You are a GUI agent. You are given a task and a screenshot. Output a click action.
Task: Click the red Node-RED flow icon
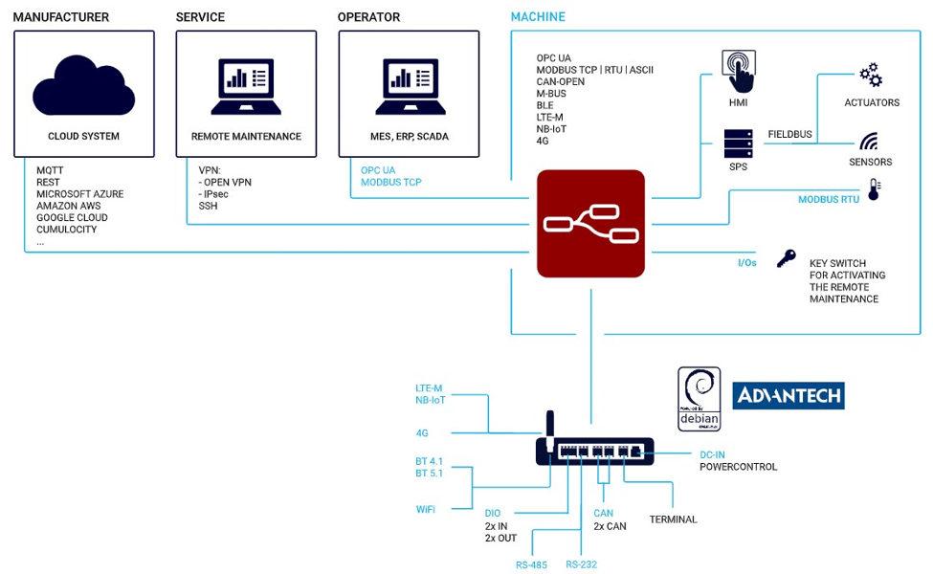click(590, 224)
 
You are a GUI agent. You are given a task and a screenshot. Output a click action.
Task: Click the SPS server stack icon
click(738, 143)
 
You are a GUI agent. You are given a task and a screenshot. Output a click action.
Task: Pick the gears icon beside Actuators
click(870, 76)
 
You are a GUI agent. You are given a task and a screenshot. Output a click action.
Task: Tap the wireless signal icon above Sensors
click(869, 143)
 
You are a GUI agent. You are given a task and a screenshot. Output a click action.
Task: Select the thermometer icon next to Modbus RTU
click(874, 189)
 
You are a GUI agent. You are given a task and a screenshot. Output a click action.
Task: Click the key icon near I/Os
click(787, 257)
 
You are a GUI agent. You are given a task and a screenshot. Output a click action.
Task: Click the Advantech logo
click(788, 396)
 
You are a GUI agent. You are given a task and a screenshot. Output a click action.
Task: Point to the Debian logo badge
click(699, 399)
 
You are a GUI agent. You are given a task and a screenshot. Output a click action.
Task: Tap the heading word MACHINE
click(538, 17)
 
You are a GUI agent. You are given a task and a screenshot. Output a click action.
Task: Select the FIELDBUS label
click(789, 135)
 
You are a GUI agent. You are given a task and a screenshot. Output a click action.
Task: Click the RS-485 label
click(531, 564)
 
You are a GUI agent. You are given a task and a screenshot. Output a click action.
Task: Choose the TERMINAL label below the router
click(673, 519)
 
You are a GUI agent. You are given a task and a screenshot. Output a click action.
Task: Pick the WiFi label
click(426, 509)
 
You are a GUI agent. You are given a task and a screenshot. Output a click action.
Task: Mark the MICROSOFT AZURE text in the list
click(79, 194)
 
